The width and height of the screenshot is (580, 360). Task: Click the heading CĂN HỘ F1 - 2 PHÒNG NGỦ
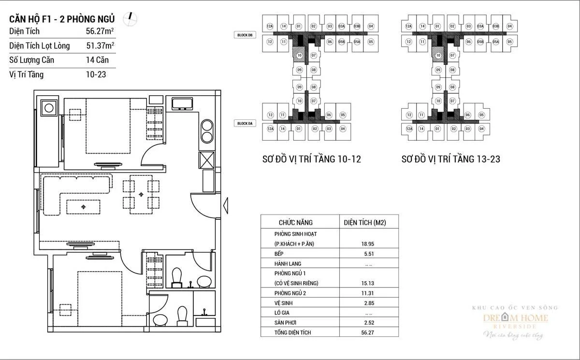62,19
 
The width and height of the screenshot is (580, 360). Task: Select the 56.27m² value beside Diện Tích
100,31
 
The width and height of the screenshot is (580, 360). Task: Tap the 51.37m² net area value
100,46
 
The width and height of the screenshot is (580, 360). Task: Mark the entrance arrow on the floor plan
225,206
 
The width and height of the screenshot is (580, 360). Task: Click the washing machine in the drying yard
49,107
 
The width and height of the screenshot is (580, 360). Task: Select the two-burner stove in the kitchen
206,130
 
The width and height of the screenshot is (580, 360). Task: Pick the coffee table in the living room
83,207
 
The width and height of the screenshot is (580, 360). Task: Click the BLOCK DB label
245,35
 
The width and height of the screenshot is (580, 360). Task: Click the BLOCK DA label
245,124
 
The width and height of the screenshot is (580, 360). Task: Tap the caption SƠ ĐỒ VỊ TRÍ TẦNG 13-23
450,159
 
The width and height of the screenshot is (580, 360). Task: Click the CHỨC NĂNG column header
295,223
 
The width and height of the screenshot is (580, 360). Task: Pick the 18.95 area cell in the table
369,245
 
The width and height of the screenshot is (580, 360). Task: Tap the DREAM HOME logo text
516,318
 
